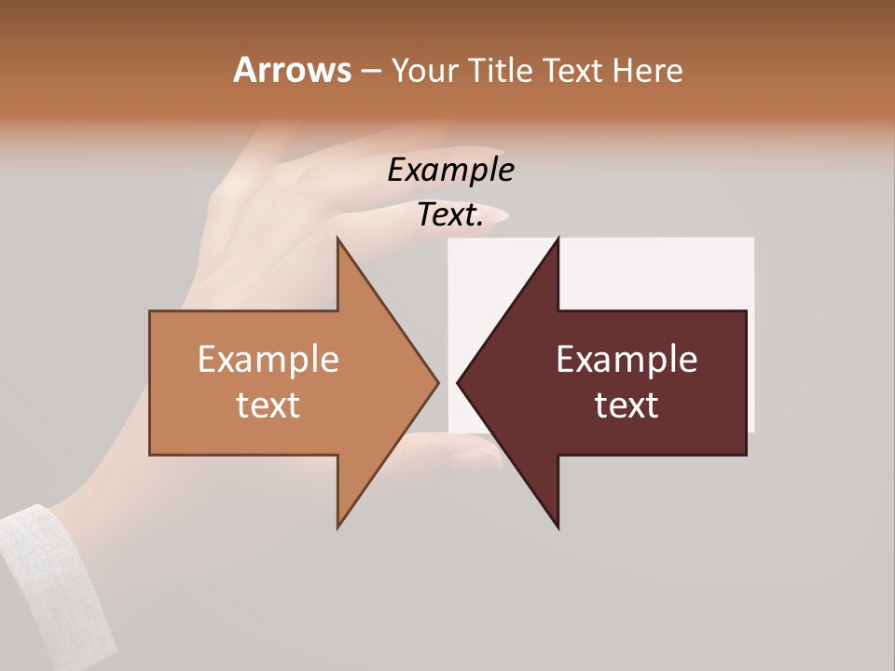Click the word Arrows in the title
[x=292, y=70]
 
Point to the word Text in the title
[x=573, y=70]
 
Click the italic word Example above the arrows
[x=450, y=171]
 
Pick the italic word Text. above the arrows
[x=450, y=215]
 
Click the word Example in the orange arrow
[x=268, y=359]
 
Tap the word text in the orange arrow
[x=268, y=404]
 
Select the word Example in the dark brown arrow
[x=626, y=359]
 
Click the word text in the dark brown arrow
[x=626, y=404]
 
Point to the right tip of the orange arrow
[x=437, y=382]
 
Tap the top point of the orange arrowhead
[x=338, y=240]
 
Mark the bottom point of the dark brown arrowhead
[x=558, y=527]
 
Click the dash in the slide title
[x=370, y=71]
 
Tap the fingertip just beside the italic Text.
[x=498, y=216]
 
